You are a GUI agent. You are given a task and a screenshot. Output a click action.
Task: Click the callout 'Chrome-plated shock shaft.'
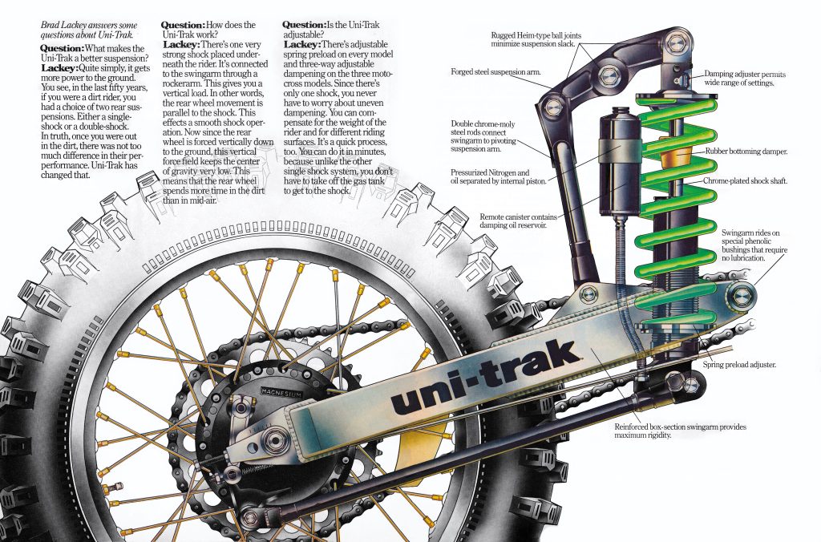click(x=746, y=181)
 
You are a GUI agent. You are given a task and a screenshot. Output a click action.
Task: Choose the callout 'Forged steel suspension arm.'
click(x=495, y=73)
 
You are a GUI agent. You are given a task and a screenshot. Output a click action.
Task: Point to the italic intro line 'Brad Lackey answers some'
click(x=87, y=26)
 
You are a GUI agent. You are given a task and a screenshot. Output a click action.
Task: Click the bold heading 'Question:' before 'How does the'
click(x=184, y=26)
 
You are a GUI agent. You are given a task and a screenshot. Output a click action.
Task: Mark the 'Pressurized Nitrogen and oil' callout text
click(x=501, y=176)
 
